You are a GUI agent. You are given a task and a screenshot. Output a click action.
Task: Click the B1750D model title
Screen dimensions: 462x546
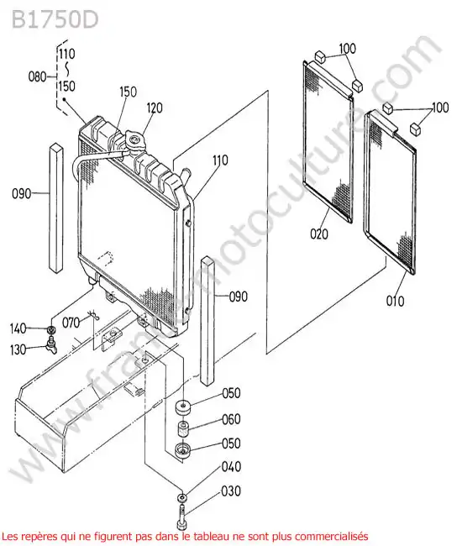[55, 20]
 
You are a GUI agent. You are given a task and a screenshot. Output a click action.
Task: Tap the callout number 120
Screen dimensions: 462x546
[155, 108]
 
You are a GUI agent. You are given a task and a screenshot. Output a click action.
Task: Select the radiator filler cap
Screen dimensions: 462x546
[134, 140]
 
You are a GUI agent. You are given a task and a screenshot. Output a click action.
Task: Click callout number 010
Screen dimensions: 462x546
[395, 301]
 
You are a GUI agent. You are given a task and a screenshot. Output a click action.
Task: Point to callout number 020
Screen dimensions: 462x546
[319, 234]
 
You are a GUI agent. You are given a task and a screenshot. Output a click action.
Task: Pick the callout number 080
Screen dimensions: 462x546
[37, 76]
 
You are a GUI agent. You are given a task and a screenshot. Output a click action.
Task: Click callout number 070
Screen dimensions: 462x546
[71, 323]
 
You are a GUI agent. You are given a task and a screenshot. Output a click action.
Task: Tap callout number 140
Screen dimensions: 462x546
[18, 328]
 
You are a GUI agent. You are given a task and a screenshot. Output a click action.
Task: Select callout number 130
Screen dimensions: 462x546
[18, 349]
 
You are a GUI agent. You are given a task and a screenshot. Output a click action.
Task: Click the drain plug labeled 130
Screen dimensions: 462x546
[51, 345]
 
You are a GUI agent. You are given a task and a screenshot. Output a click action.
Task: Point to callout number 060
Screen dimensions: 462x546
[231, 419]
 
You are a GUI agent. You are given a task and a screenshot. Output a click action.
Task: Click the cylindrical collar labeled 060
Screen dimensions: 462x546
[183, 428]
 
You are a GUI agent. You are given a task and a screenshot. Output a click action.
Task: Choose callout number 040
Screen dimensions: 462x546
[231, 467]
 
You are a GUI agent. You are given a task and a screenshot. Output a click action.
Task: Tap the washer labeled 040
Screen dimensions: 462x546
[181, 497]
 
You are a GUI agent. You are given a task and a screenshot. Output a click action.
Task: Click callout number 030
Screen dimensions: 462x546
[231, 491]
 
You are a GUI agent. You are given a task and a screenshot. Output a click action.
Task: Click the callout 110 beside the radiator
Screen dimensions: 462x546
[220, 160]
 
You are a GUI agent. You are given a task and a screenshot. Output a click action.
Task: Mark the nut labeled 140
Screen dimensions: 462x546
[51, 329]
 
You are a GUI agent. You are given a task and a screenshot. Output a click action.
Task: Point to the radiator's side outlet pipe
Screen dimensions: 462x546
[185, 174]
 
